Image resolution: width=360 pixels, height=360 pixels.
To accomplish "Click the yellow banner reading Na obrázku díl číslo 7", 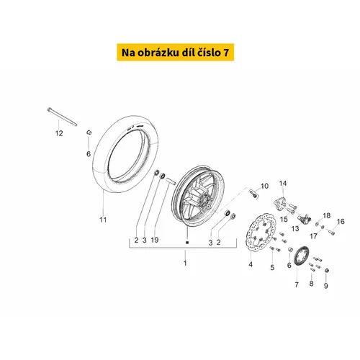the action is [176, 52].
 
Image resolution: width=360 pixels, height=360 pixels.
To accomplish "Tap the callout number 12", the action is [59, 133].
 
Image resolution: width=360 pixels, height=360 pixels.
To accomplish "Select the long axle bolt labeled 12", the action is [62, 117].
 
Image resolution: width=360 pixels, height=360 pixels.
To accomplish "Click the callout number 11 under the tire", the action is [103, 220].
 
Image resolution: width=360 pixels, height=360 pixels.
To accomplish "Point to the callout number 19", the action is [155, 240].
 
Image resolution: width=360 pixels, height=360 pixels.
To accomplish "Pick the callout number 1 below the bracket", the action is [185, 263].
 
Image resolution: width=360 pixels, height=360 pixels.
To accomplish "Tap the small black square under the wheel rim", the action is [187, 243].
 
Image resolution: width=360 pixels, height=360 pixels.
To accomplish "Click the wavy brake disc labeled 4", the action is [261, 233].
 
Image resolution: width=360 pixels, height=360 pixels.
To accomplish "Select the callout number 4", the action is [251, 264].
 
